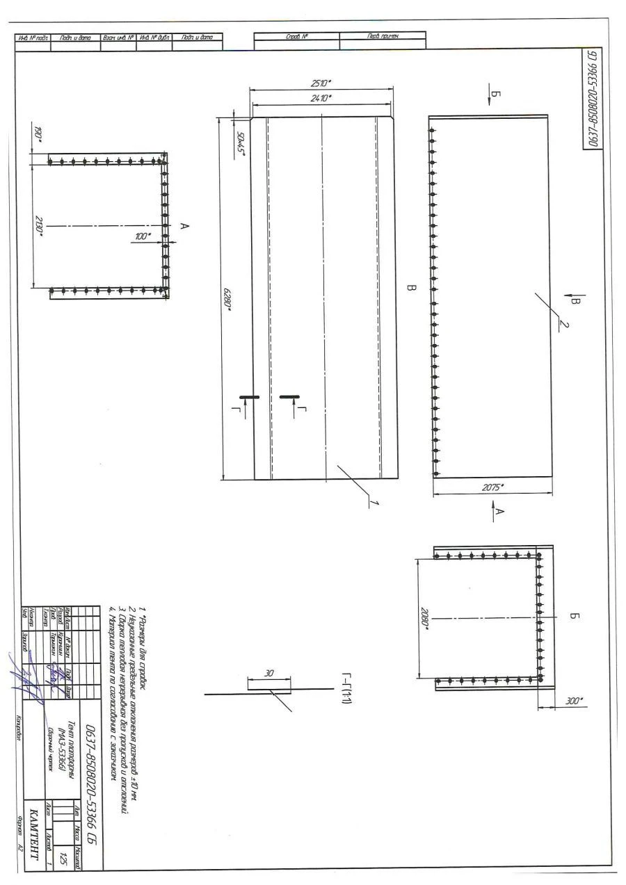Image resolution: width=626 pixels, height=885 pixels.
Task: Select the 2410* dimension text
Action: (x=321, y=98)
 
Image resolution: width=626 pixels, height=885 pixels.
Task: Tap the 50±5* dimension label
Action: (x=241, y=144)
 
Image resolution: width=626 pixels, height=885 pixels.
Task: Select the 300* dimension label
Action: (x=575, y=700)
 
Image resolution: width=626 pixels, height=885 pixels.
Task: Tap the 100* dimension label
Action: (x=144, y=236)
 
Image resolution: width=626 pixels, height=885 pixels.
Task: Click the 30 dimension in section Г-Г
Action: (x=272, y=673)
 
